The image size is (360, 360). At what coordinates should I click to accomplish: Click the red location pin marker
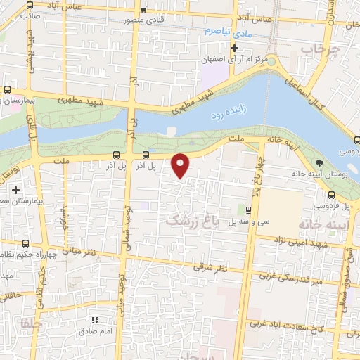click(x=181, y=165)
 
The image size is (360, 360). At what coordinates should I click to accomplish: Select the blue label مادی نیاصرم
click(x=228, y=32)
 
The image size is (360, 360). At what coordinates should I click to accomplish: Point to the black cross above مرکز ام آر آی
click(x=235, y=48)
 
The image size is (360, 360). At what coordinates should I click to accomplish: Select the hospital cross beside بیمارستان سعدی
click(x=15, y=190)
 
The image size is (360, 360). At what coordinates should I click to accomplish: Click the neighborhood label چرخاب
click(x=316, y=49)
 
